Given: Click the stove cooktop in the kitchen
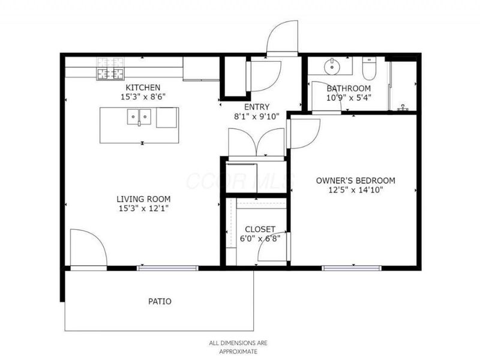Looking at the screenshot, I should click(110, 68).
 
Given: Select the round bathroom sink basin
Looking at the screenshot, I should click(331, 64).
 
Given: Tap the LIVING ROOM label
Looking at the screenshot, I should click(143, 199).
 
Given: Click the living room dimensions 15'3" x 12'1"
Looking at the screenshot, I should click(143, 208).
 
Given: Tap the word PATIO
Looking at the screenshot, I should click(159, 301).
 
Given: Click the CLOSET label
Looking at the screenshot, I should click(260, 229).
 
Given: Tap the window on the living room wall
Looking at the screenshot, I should click(168, 268).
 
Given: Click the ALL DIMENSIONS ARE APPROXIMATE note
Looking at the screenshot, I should click(239, 347).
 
